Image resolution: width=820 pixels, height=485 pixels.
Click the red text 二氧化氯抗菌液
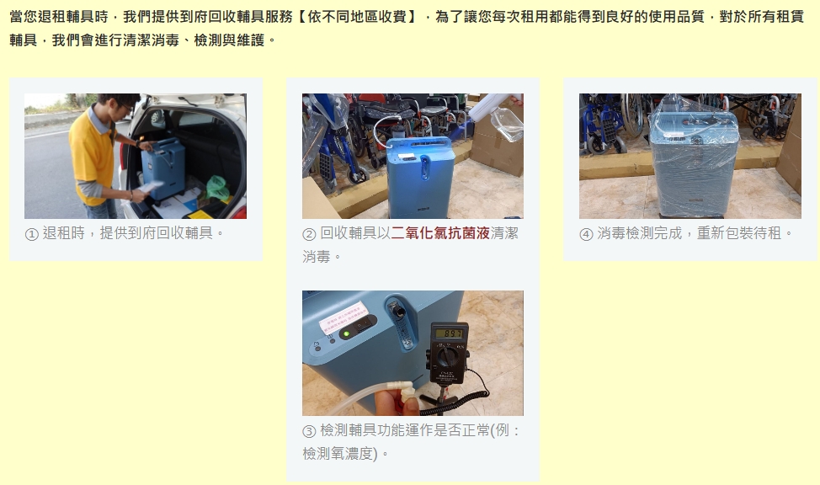pyautogui.click(x=440, y=233)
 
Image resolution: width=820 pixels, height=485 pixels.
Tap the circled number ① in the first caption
pyautogui.click(x=32, y=234)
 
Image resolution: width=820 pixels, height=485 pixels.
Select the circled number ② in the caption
pyautogui.click(x=309, y=234)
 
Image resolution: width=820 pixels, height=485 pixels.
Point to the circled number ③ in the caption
pyautogui.click(x=309, y=431)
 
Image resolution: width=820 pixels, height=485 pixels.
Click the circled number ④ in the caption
pyautogui.click(x=586, y=234)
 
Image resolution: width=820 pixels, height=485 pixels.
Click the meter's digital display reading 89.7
pyautogui.click(x=449, y=333)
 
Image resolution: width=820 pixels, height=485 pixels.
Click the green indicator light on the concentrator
pyautogui.click(x=345, y=333)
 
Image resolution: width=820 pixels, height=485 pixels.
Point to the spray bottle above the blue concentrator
pyautogui.click(x=497, y=115)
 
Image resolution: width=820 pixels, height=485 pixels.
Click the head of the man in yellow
pyautogui.click(x=116, y=106)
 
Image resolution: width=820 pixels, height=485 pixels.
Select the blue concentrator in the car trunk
pyautogui.click(x=163, y=168)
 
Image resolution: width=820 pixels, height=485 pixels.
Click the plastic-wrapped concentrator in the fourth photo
pyautogui.click(x=693, y=157)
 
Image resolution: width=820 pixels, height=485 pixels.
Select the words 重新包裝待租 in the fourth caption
pyautogui.click(x=739, y=233)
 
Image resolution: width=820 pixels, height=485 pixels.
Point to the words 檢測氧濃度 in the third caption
pyautogui.click(x=338, y=454)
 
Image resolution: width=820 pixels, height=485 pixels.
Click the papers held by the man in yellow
pyautogui.click(x=150, y=186)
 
